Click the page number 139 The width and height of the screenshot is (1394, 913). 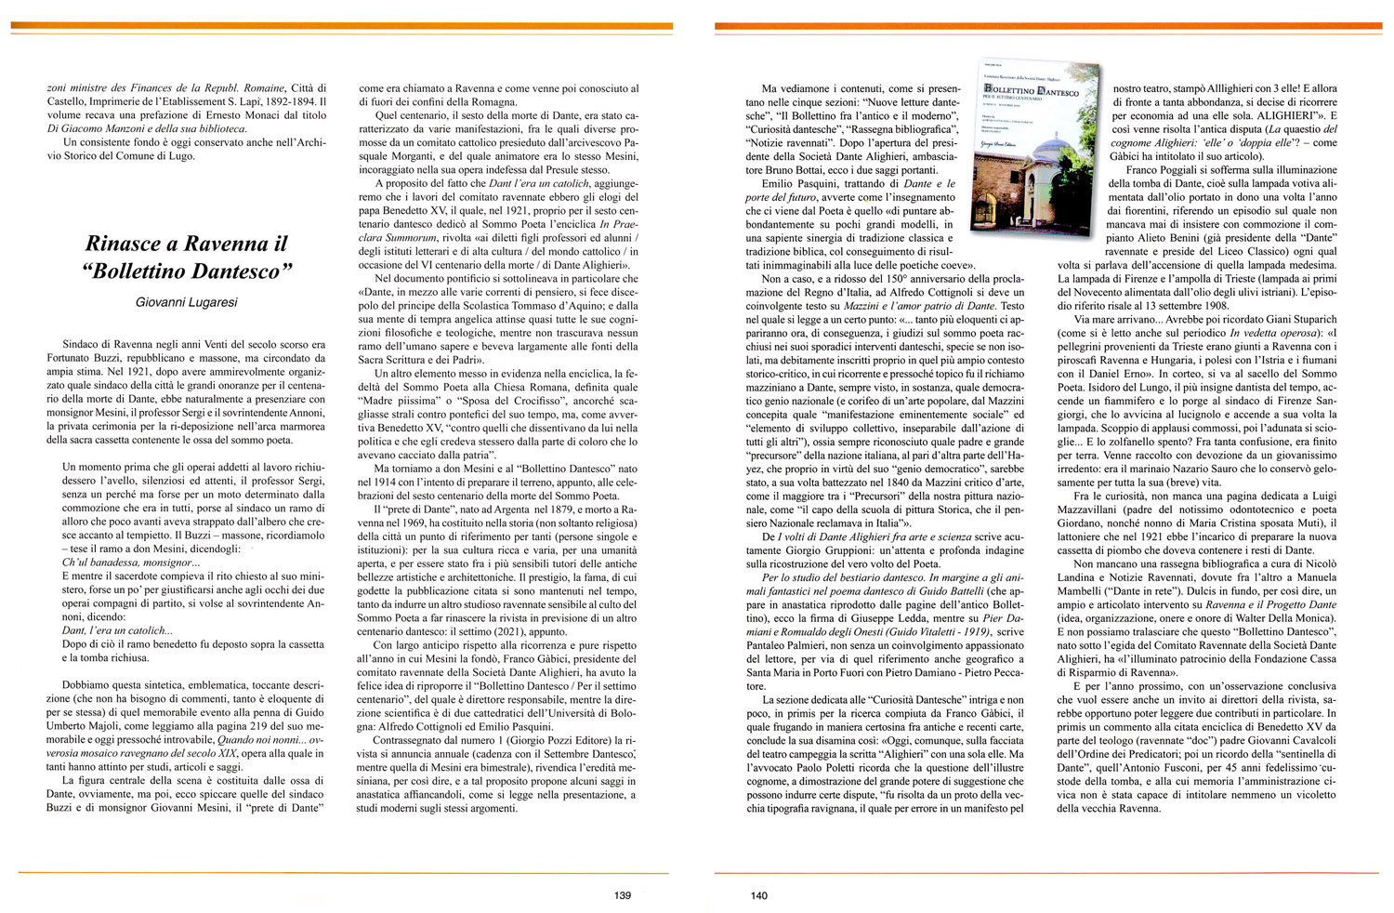[623, 896]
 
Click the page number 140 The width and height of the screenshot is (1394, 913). [758, 896]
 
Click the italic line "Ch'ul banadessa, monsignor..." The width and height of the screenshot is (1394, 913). [130, 562]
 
